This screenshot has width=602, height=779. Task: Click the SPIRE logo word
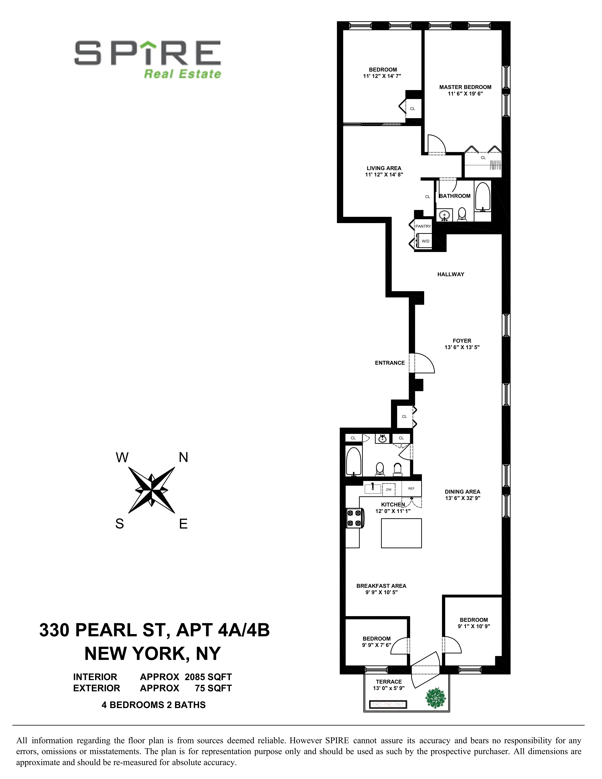pos(147,53)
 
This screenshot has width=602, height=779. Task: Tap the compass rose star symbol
pos(152,490)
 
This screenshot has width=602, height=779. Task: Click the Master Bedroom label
pos(465,87)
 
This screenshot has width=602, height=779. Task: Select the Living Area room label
pos(384,168)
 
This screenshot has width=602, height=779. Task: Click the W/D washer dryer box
pos(425,241)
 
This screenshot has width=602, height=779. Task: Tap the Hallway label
pos(450,274)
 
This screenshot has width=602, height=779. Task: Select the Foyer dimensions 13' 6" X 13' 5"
pos(462,347)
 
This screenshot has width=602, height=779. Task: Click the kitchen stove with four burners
pos(354,518)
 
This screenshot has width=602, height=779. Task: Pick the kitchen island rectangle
pos(401,533)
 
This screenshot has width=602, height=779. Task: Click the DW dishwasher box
pos(389,489)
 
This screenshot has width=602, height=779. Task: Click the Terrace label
pos(389,682)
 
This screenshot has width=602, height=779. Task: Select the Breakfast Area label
pos(381,586)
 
